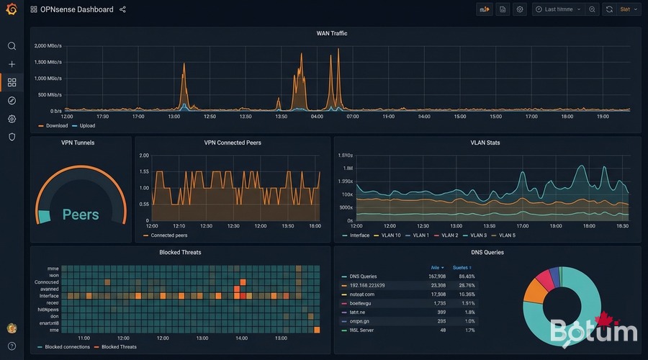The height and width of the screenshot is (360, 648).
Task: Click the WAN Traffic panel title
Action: [x=332, y=33]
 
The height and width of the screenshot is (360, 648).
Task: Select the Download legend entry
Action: [x=56, y=125]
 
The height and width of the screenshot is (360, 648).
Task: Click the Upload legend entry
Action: [x=86, y=125]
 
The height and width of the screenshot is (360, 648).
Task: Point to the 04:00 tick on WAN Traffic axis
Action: [x=317, y=116]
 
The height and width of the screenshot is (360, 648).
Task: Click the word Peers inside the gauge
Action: [x=81, y=215]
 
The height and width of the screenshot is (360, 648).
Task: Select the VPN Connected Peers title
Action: [x=233, y=143]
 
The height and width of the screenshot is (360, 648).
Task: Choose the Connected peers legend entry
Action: [x=168, y=235]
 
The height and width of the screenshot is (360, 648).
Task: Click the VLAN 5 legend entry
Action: [x=507, y=235]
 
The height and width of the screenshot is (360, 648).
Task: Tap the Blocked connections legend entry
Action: [x=67, y=347]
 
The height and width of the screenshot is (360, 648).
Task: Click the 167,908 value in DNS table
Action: [x=437, y=276]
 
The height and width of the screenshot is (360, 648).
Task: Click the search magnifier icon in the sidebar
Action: [x=12, y=46]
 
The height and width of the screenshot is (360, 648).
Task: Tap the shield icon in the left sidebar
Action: [x=12, y=137]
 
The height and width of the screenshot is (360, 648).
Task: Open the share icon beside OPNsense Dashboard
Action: [x=122, y=9]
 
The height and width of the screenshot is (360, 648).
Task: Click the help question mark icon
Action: [x=12, y=346]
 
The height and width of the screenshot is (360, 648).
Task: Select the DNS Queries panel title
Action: [x=487, y=253]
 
